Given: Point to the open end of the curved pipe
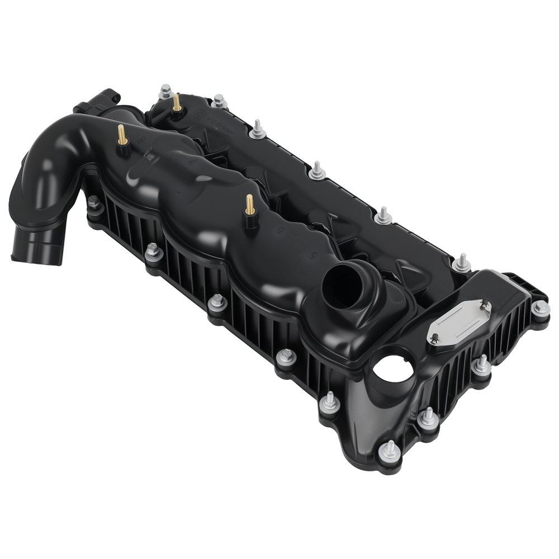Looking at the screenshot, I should pos(34,250).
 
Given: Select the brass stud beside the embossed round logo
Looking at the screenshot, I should pos(177,104).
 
